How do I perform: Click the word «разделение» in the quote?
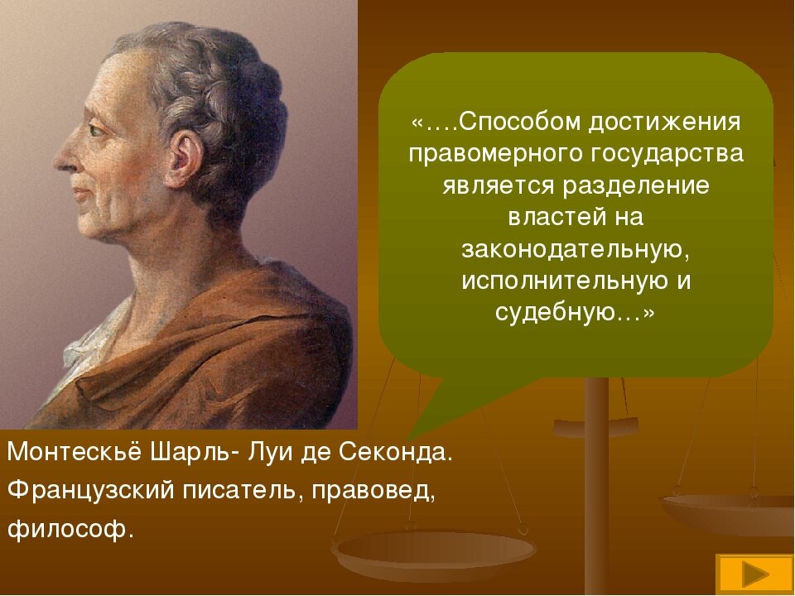(x=635, y=185)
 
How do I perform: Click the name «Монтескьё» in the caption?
(x=75, y=454)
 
